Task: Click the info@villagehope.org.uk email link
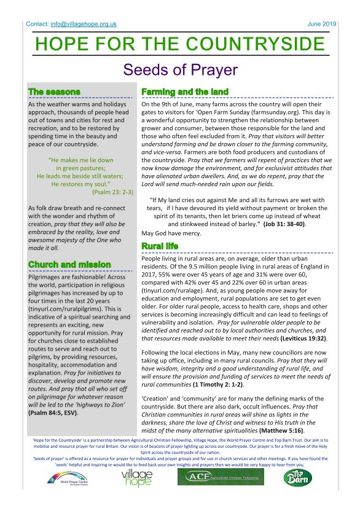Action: [84, 24]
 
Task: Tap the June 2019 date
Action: [322, 24]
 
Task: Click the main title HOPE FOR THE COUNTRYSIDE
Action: [180, 45]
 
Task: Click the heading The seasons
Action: [54, 92]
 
